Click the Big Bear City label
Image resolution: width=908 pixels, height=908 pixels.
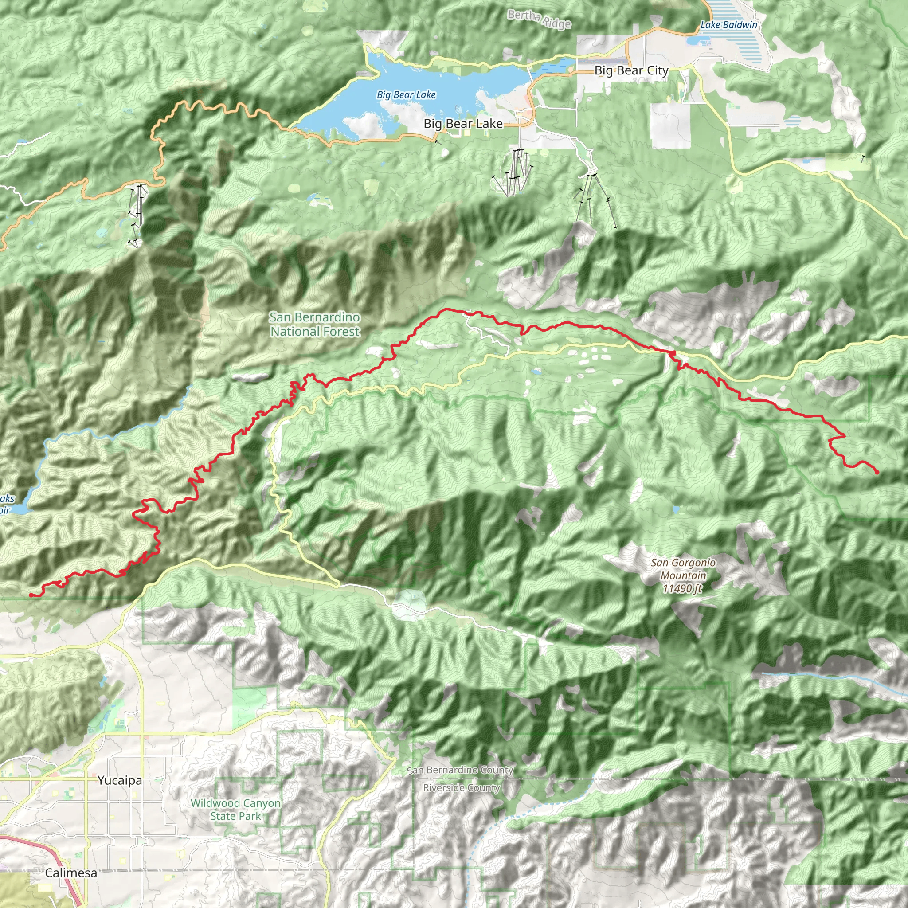pos(631,70)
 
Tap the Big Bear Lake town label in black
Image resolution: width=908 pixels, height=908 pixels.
pos(463,124)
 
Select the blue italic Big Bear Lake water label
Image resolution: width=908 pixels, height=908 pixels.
pos(406,95)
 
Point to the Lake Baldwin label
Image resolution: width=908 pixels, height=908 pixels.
pos(729,25)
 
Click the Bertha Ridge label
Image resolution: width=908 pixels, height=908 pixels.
pos(539,19)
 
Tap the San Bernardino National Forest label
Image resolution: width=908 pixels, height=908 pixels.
pos(315,324)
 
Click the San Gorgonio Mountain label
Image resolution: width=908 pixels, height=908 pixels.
pos(683,569)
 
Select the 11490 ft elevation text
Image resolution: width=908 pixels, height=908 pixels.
pos(682,588)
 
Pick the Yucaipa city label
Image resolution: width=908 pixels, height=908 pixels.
pos(120,780)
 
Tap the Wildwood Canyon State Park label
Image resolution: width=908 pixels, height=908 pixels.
pos(235,809)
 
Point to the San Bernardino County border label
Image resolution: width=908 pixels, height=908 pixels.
pos(460,770)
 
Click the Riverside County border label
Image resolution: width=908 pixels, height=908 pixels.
pos(461,788)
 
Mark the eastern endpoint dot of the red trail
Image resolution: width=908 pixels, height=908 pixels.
pos(877,472)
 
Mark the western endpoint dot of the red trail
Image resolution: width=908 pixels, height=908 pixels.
pos(31,595)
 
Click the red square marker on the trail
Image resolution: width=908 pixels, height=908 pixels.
pos(673,352)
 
